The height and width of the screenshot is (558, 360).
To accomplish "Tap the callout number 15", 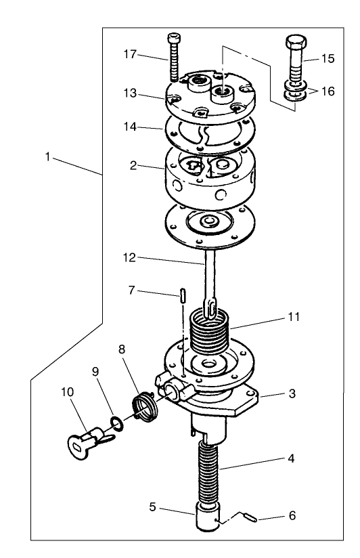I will tap(328, 59).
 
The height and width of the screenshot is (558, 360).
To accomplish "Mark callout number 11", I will tap(294, 316).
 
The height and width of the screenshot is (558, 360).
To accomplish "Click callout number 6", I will tap(292, 515).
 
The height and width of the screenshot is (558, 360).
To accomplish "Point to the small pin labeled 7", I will tap(183, 296).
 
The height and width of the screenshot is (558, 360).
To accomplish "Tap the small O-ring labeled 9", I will tap(117, 424).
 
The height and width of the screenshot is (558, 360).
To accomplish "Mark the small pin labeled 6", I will tap(250, 519).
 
